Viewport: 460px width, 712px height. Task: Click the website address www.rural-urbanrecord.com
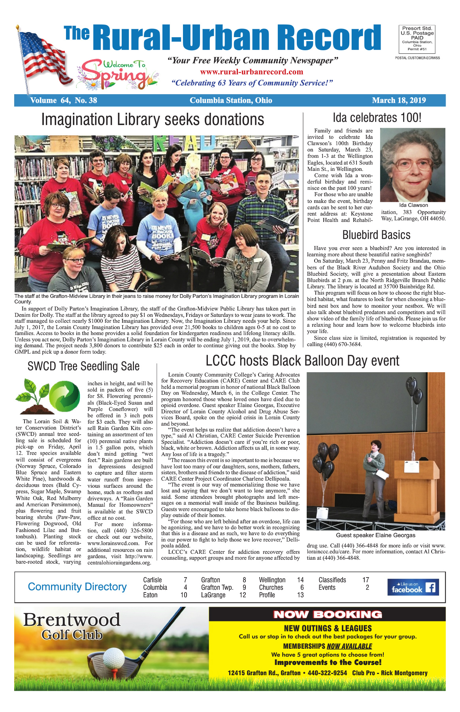click(251, 72)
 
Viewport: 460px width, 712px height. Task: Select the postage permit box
click(417, 39)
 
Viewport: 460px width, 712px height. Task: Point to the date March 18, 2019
click(399, 100)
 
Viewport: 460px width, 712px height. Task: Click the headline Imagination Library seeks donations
click(153, 119)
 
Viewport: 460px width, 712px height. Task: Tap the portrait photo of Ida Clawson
click(412, 165)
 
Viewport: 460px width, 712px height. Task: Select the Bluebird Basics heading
click(376, 235)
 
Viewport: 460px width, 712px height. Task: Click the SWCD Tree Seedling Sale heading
click(83, 366)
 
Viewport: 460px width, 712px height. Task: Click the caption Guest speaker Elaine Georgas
click(375, 535)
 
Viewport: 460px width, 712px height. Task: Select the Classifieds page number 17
click(366, 580)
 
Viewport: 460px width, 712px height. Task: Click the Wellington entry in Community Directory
click(272, 580)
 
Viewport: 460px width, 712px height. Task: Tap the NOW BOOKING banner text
click(327, 615)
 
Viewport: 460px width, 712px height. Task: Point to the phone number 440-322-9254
click(327, 673)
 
